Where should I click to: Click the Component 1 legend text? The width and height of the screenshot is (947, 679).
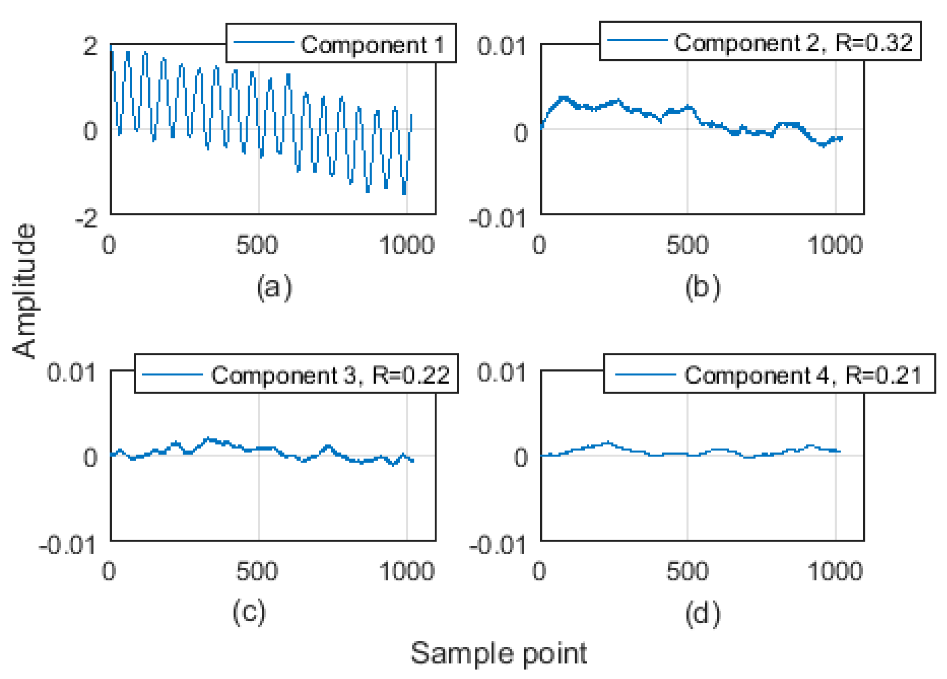click(x=372, y=45)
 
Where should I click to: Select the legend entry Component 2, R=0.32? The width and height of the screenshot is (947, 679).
click(x=793, y=43)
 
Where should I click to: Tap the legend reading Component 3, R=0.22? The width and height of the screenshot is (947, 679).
click(x=330, y=375)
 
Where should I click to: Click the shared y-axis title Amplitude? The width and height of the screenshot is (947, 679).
click(x=24, y=291)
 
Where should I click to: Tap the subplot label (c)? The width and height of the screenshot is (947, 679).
click(x=249, y=613)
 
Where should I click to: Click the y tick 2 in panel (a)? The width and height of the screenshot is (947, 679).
click(x=90, y=46)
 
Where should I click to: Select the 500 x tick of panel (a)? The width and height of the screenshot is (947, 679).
click(x=257, y=245)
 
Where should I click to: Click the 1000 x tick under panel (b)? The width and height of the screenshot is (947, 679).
click(x=835, y=245)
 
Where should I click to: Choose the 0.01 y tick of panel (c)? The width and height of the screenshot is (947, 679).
click(x=71, y=372)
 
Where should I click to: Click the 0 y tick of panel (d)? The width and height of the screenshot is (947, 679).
click(x=521, y=458)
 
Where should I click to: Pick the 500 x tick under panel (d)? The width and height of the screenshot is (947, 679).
click(x=687, y=571)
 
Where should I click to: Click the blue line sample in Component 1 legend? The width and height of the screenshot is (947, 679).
click(x=263, y=42)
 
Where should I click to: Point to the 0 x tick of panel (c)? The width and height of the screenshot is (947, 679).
click(x=109, y=571)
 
